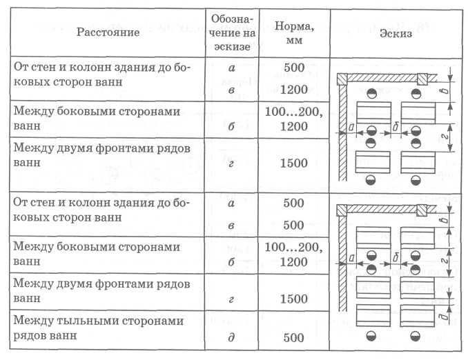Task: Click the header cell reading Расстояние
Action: click(108, 32)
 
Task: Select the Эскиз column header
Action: click(396, 33)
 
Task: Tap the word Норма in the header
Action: click(294, 26)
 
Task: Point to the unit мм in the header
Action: click(294, 41)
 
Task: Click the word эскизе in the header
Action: click(232, 47)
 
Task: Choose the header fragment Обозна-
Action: click(232, 19)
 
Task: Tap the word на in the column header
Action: click(249, 33)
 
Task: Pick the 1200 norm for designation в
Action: click(293, 90)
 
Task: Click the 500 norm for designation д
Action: click(293, 338)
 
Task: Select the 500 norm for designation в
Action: click(293, 225)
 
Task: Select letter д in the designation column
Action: click(231, 337)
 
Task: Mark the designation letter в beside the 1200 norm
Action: click(231, 90)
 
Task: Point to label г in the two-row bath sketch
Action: click(445, 137)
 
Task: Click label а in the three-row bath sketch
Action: click(351, 257)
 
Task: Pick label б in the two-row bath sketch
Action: click(396, 127)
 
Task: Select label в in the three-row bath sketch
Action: click(445, 220)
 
